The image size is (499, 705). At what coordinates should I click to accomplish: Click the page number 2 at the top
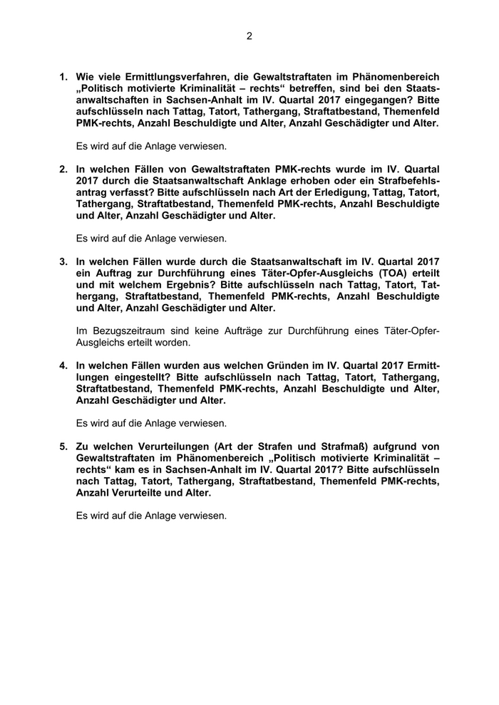pos(249,36)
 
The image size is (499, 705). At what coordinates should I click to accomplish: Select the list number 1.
pos(63,76)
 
